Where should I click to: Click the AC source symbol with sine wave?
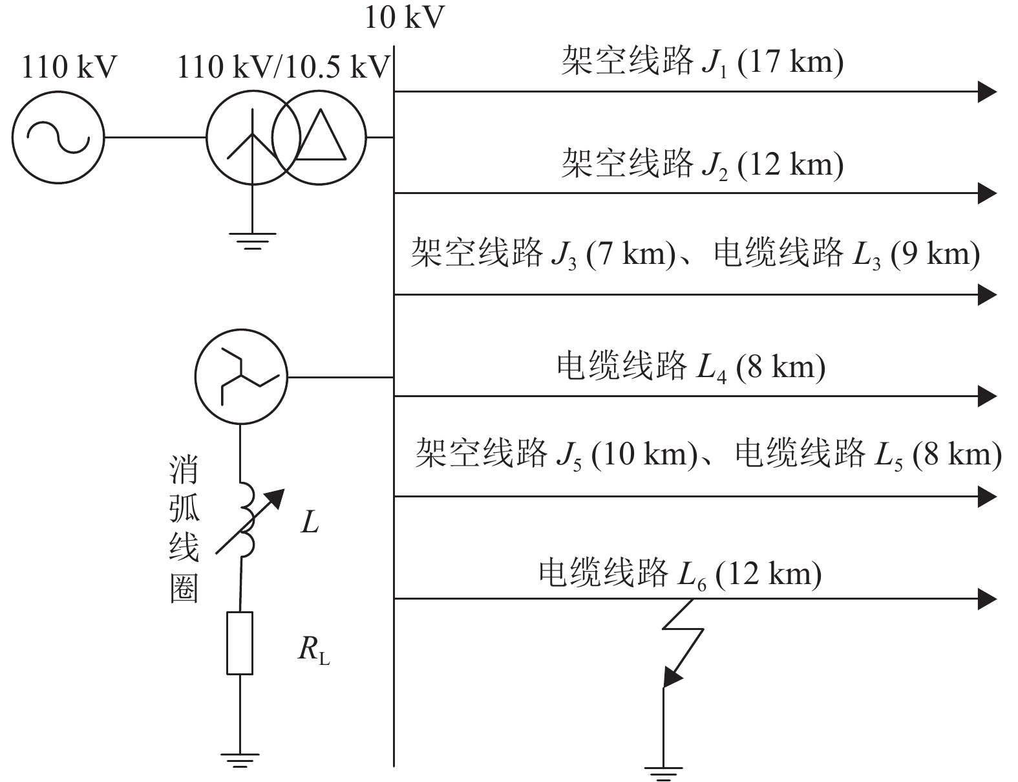(58, 138)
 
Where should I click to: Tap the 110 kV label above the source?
(70, 67)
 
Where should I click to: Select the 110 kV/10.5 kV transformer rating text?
(285, 67)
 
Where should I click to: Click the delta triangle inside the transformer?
(321, 136)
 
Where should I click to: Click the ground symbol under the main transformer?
(253, 241)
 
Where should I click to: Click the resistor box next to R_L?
(240, 643)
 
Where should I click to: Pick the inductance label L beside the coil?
(310, 523)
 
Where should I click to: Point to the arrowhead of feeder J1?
(986, 92)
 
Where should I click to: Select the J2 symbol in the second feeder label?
(715, 166)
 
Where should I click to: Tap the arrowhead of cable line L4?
(986, 395)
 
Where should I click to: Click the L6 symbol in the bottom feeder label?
(692, 574)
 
